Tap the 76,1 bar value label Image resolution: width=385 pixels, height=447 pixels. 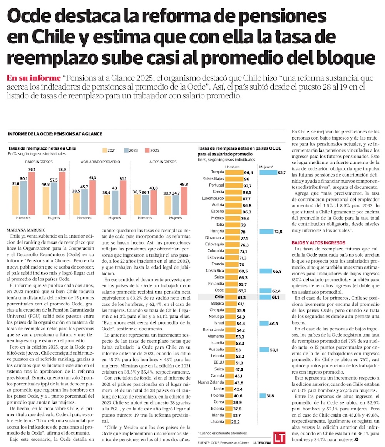pyautogui.click(x=32, y=170)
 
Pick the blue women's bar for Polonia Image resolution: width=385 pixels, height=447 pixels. pyautogui.click(x=263, y=395)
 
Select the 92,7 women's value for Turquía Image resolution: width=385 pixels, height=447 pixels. pyautogui.click(x=281, y=172)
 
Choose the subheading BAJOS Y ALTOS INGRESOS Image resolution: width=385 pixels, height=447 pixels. pyautogui.click(x=318, y=243)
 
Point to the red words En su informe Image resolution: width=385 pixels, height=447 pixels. pyautogui.click(x=34, y=78)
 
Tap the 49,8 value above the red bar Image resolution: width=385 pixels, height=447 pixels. pyautogui.click(x=184, y=185)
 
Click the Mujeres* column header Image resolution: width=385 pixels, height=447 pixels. pyautogui.click(x=266, y=167)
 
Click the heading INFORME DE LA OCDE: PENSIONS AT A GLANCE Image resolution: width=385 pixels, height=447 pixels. pyautogui.click(x=55, y=134)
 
